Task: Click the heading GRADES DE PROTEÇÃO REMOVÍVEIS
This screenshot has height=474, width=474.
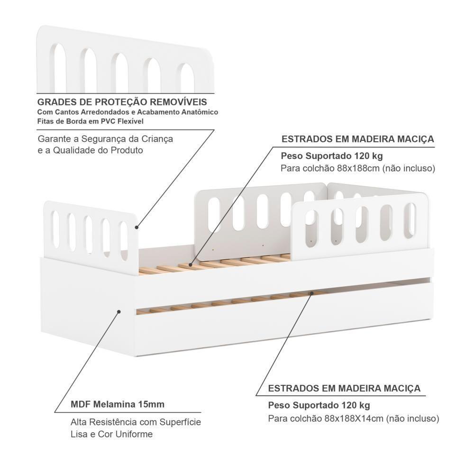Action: click(x=122, y=102)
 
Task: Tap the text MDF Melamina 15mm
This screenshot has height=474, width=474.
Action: click(x=117, y=404)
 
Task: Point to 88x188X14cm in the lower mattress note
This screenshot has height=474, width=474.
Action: click(x=355, y=419)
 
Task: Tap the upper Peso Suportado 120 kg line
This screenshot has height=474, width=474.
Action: click(x=332, y=155)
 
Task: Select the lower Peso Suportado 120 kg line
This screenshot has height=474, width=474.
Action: click(x=319, y=405)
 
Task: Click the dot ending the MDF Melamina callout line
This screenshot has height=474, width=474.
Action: click(x=118, y=312)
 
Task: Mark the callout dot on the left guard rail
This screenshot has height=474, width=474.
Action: click(x=136, y=227)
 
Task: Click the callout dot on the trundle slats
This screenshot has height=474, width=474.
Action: click(x=311, y=293)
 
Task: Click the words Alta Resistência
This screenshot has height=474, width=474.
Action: click(x=98, y=422)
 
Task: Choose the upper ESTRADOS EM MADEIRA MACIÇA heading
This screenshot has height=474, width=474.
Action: click(x=358, y=139)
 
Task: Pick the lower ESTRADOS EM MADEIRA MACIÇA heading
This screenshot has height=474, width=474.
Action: click(x=344, y=388)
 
